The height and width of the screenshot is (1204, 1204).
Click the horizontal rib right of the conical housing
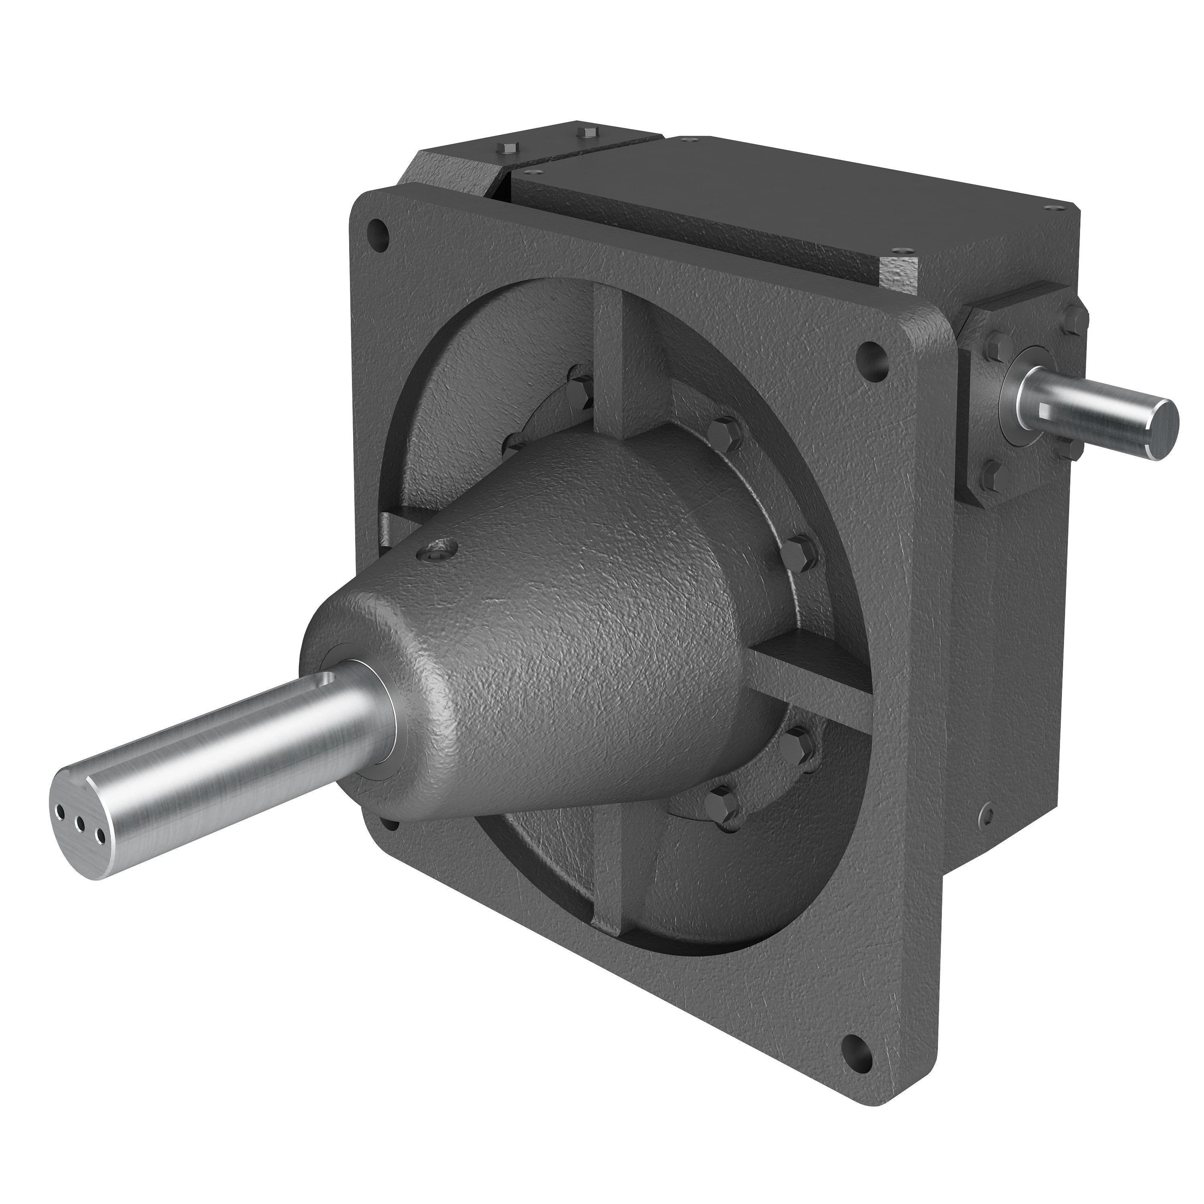click(810, 685)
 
